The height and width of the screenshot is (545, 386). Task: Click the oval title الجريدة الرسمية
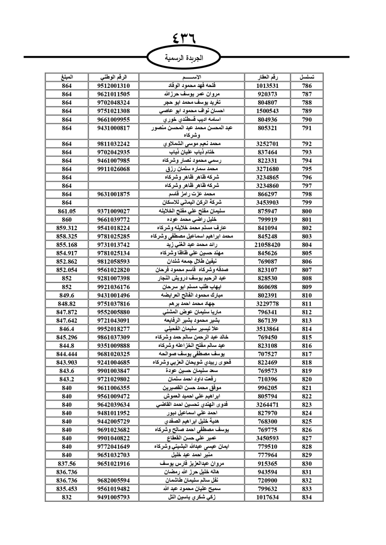click(184, 58)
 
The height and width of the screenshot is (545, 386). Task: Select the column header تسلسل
click(307, 77)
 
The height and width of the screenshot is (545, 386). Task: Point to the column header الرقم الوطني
click(113, 77)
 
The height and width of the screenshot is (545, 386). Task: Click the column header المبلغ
click(66, 77)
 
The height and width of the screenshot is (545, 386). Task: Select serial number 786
click(307, 86)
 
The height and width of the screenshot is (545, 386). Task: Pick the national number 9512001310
click(113, 86)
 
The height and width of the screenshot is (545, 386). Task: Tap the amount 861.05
click(66, 211)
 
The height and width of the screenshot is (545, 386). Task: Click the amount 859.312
click(66, 228)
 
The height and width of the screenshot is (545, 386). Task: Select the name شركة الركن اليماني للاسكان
click(192, 202)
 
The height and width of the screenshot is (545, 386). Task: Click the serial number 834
click(307, 497)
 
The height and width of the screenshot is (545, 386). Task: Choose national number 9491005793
click(113, 497)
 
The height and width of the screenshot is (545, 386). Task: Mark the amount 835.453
click(66, 489)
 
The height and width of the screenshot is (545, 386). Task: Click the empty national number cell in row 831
click(113, 472)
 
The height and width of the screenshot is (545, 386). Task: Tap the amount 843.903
click(66, 362)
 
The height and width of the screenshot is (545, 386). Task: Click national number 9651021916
click(113, 464)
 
